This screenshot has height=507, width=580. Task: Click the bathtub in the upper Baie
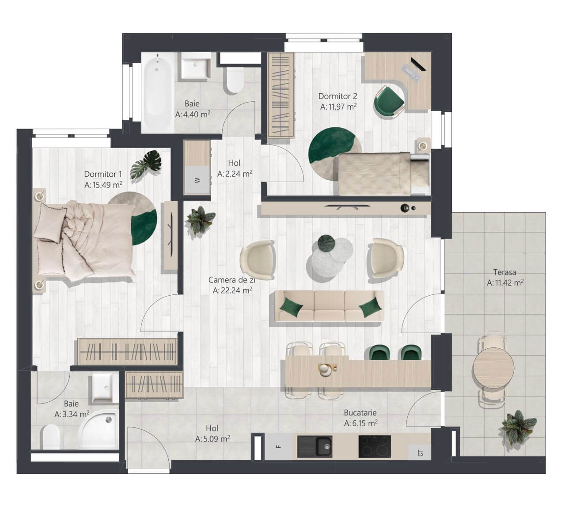(158, 92)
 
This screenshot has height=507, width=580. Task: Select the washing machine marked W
(197, 180)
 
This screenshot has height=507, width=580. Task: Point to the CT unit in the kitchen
(420, 453)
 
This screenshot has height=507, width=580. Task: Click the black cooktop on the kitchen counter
(375, 447)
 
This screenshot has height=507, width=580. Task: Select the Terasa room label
(504, 272)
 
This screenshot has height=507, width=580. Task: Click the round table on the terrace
(493, 368)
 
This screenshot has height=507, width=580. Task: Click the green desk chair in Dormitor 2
(389, 100)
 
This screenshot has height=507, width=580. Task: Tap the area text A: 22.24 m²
(232, 290)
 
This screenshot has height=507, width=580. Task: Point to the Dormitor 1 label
(103, 174)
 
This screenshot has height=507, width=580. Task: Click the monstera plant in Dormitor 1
(146, 164)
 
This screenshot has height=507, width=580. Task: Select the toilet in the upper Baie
(235, 80)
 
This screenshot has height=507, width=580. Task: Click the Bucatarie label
(360, 412)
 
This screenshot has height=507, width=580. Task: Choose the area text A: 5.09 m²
(212, 439)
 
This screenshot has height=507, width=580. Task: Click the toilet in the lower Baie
(51, 437)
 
